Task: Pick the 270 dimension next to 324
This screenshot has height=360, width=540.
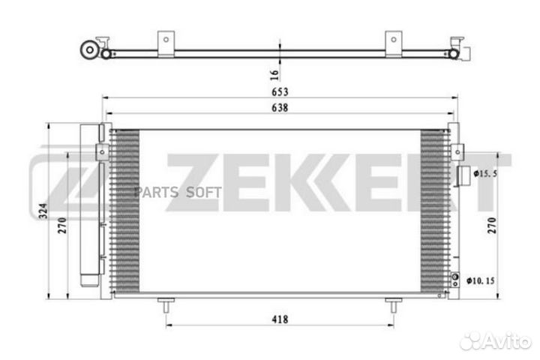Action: pos(63,223)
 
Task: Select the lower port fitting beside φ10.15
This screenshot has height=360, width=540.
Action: pos(454,280)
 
